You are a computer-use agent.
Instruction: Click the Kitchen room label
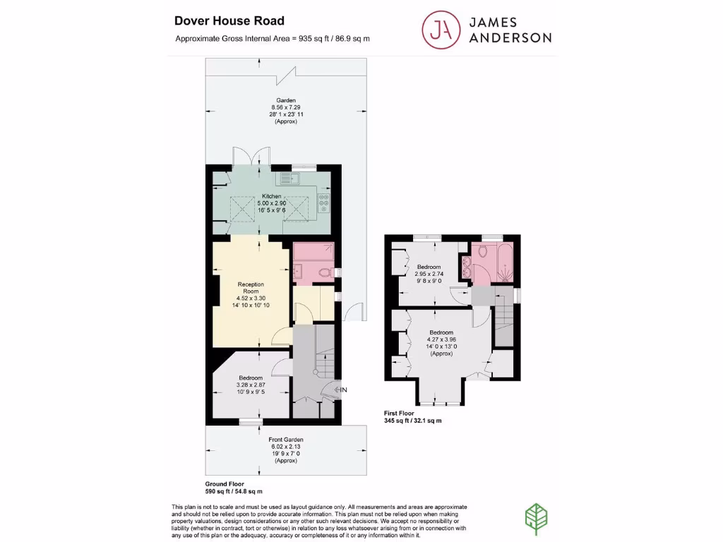272,196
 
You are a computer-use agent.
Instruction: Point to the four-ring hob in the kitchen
324,202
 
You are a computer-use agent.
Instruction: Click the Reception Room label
251,287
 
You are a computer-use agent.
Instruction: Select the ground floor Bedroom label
251,378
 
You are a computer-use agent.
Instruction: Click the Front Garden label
286,440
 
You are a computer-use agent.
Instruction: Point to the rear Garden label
286,100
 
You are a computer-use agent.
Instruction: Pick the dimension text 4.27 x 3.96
442,339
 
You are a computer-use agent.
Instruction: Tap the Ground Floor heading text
225,483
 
